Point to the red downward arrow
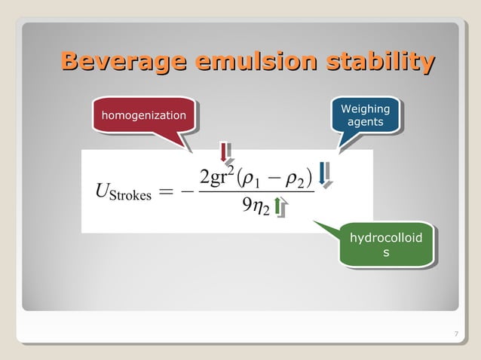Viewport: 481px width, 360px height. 224,152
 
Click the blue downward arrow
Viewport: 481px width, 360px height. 323,172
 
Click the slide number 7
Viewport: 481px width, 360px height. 457,334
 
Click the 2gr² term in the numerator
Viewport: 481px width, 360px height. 219,178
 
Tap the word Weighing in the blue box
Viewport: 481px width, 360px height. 365,109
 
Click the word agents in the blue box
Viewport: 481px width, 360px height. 365,122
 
